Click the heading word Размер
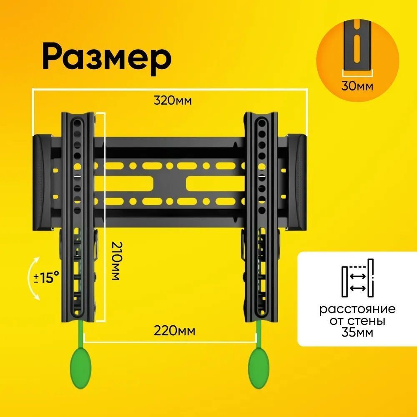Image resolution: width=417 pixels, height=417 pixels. (107, 58)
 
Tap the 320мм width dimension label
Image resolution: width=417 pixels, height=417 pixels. (173, 101)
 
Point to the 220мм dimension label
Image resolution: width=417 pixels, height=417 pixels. (174, 331)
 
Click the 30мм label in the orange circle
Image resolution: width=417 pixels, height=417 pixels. (357, 86)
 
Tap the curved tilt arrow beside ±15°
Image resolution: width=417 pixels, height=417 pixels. (32, 279)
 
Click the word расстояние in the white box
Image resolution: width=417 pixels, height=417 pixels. (357, 309)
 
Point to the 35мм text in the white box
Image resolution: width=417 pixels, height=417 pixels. (357, 333)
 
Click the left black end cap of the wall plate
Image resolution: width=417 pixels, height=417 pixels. (42, 183)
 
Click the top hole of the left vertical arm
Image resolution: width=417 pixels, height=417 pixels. (77, 123)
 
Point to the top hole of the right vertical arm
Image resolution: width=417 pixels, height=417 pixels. (261, 123)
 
